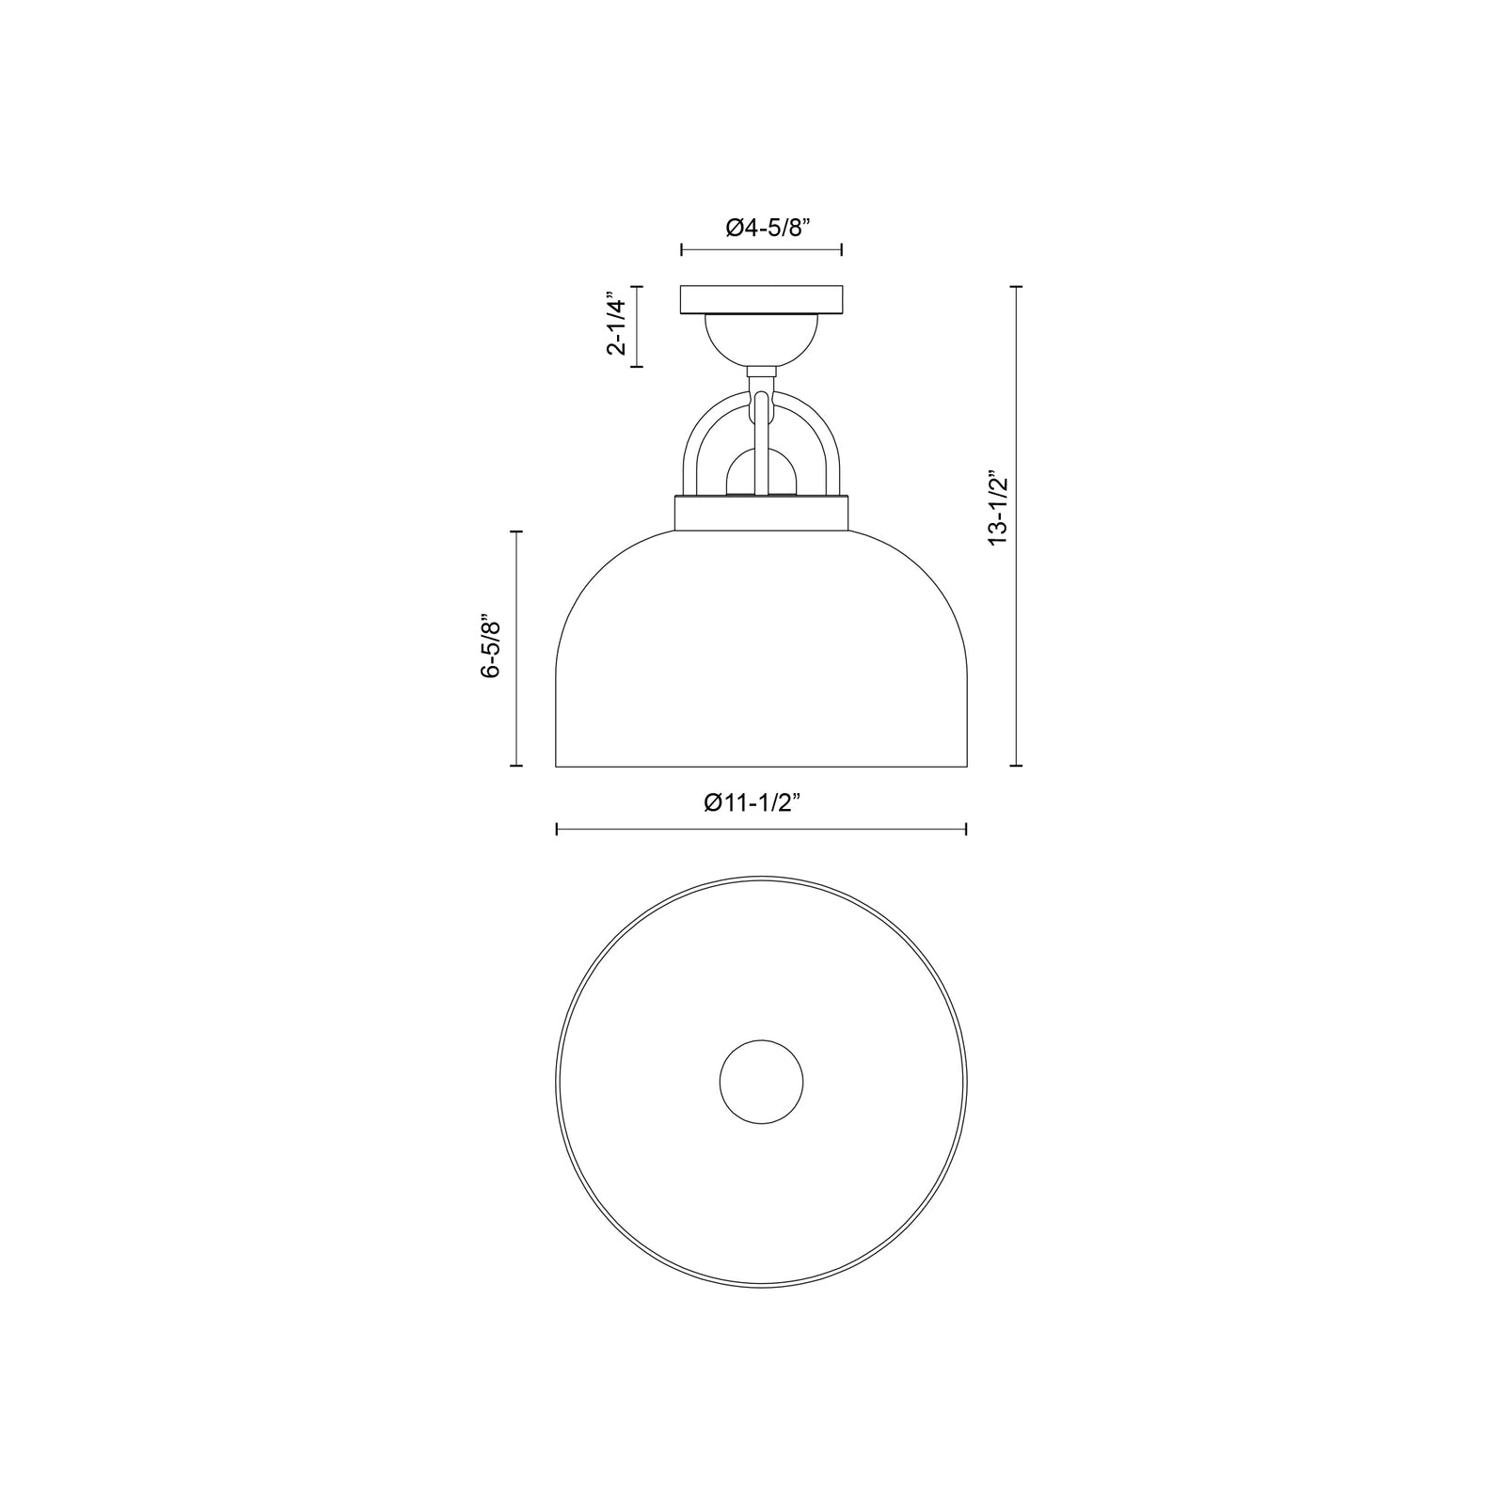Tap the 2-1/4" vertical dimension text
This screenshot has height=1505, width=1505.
coord(616,326)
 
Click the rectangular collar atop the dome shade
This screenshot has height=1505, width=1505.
coord(761,514)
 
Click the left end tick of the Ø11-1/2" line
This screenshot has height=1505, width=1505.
coord(557,829)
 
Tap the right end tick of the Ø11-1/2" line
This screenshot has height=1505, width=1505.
coord(966,829)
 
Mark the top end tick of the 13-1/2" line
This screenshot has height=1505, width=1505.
coord(1016,287)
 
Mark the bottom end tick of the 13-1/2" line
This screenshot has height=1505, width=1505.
coord(1016,767)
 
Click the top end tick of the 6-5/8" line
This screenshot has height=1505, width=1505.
coord(515,531)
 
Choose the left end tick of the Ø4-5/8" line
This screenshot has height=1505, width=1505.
coord(682,250)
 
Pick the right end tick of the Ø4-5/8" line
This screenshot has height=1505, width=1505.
coord(841,250)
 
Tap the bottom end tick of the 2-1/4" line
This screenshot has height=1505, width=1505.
coord(638,366)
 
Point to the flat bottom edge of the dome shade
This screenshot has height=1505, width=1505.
coord(761,767)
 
